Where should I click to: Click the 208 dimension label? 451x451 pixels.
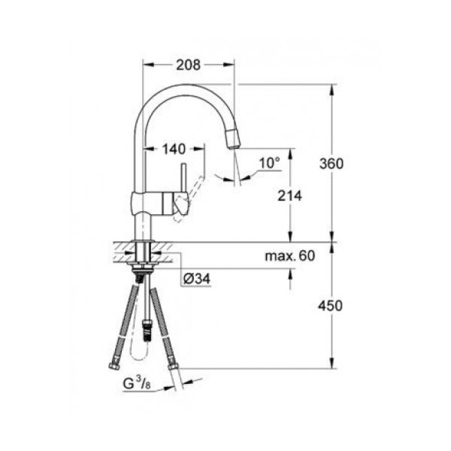[x=188, y=65]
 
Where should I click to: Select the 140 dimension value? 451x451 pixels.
[x=174, y=149]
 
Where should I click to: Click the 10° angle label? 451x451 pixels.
[x=269, y=163]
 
